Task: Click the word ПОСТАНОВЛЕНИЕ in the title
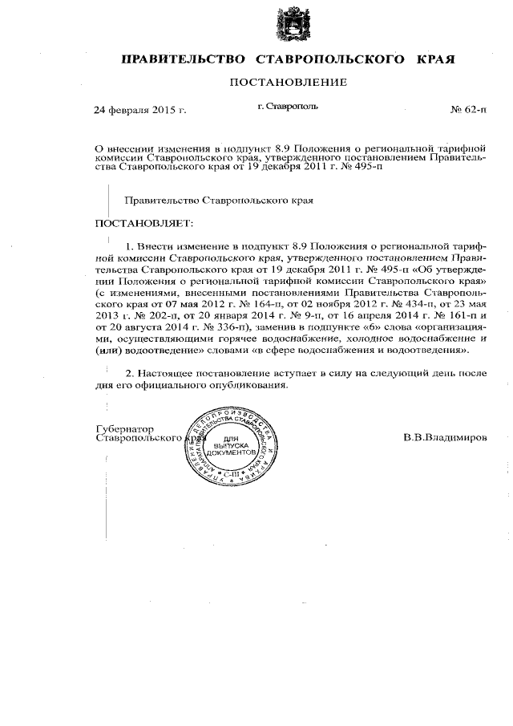click(289, 82)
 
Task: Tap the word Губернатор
click(124, 428)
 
